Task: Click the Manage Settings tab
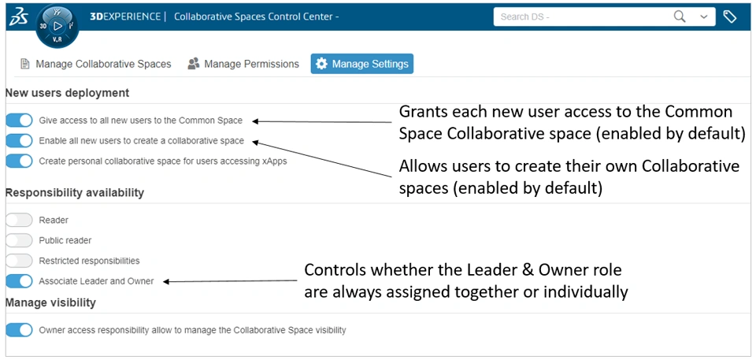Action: [x=362, y=64]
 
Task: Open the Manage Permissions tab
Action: [x=243, y=64]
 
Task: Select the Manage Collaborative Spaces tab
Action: [x=95, y=64]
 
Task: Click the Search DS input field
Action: [x=581, y=17]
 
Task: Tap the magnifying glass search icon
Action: [x=680, y=17]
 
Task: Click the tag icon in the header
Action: [x=730, y=17]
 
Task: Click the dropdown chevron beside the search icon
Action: [x=704, y=17]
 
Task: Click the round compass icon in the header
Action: [x=57, y=26]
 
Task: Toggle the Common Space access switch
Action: [x=19, y=121]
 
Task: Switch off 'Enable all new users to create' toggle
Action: [x=19, y=141]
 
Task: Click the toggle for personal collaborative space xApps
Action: [x=19, y=161]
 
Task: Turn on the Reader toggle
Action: [x=19, y=220]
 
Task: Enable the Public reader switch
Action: [x=19, y=240]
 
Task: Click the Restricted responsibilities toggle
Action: [x=19, y=261]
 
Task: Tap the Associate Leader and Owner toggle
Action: [x=19, y=281]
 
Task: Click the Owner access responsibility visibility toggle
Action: [x=19, y=330]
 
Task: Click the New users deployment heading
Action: [x=68, y=93]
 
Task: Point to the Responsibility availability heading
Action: [x=75, y=192]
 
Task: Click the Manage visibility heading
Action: [x=50, y=302]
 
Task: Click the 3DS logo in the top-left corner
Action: [x=19, y=17]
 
